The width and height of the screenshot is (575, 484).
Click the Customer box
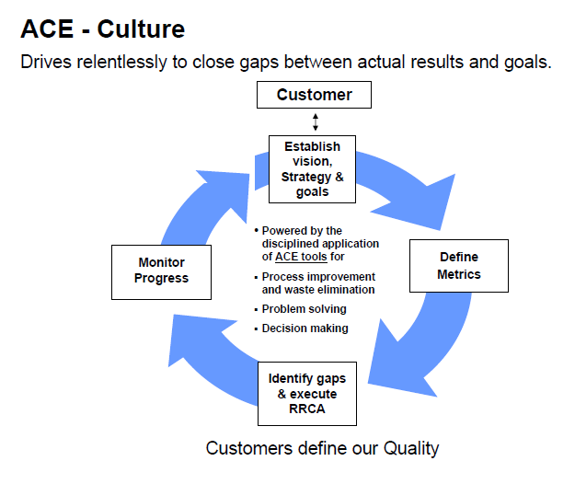pos(314,95)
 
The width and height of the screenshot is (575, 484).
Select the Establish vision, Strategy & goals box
pos(312,169)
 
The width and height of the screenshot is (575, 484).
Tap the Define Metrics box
pos(459,266)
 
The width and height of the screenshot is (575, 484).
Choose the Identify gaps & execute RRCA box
pos(307,394)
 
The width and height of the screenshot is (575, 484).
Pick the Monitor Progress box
pos(161,272)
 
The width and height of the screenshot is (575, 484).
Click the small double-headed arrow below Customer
pos(316,122)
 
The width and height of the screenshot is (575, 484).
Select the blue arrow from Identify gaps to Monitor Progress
pos(205,356)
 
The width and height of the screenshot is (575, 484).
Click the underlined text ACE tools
pos(301,257)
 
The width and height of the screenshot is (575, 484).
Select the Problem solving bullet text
pos(304,309)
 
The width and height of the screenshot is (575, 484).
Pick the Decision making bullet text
pos(305,328)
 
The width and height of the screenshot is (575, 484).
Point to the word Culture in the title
pos(141,29)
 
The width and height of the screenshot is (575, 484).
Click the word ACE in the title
pos(47,29)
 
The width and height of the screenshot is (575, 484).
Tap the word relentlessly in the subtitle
pos(121,62)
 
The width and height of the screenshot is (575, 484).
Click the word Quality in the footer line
pos(411,448)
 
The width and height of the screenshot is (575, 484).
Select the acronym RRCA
pos(307,409)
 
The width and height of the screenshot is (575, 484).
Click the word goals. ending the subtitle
pos(528,63)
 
